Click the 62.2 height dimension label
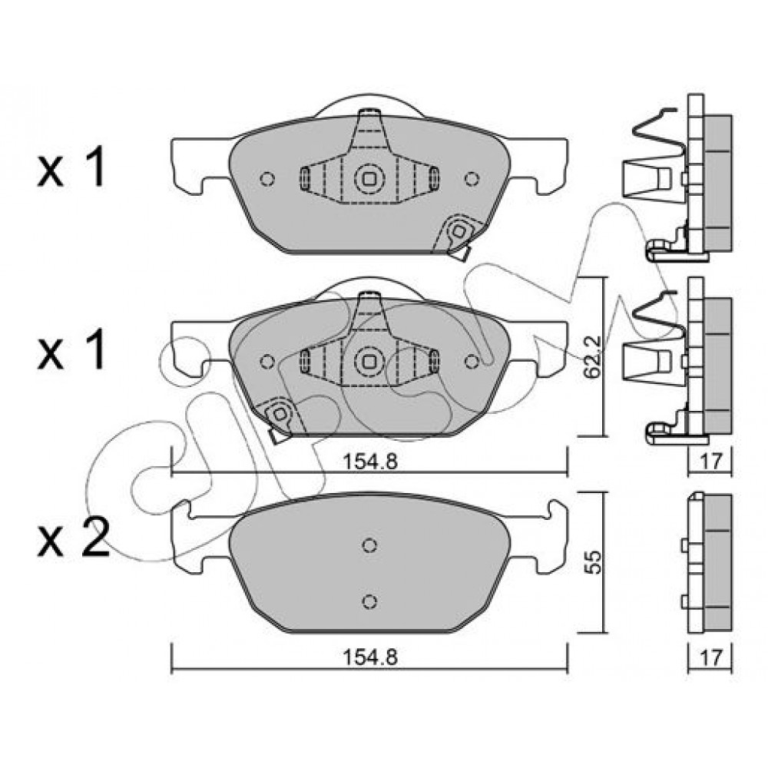593,356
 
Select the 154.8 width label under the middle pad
370,462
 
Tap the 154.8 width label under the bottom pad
370,657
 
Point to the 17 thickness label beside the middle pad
711,461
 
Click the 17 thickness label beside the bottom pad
711,657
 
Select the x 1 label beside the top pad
71,169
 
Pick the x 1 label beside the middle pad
71,351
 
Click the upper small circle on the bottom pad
370,545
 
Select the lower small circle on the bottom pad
370,601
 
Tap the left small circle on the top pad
267,179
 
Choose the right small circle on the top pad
472,179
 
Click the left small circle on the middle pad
267,362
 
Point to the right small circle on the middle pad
472,362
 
